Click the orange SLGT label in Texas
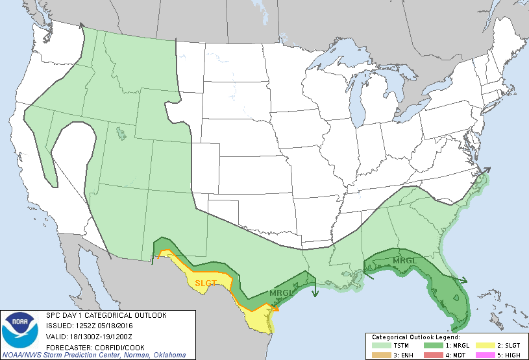pos(206,283)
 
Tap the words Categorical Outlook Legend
pos(416,338)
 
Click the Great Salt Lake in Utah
pos(121,134)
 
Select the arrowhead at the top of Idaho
pos(82,26)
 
